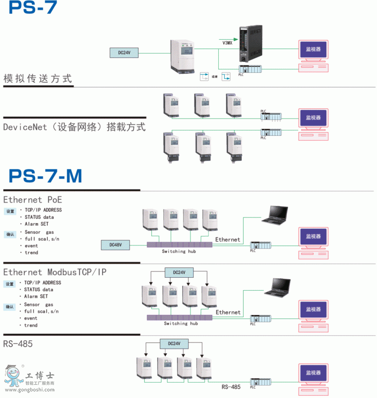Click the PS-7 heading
pyautogui.click(x=33, y=8)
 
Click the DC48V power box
pyautogui.click(x=116, y=245)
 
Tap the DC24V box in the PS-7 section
pyautogui.click(x=124, y=53)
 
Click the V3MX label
pyautogui.click(x=227, y=43)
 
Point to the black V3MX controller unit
pyautogui.click(x=250, y=44)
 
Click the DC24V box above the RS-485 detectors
pyautogui.click(x=174, y=344)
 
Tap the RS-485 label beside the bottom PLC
pyautogui.click(x=231, y=387)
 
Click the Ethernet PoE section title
pyautogui.click(x=33, y=199)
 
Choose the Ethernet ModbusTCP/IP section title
pyautogui.click(x=55, y=272)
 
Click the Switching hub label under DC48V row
pyautogui.click(x=179, y=251)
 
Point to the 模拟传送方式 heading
pyautogui.click(x=38, y=78)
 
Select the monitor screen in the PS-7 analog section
pyautogui.click(x=313, y=49)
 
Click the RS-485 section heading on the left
pyautogui.click(x=18, y=344)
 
